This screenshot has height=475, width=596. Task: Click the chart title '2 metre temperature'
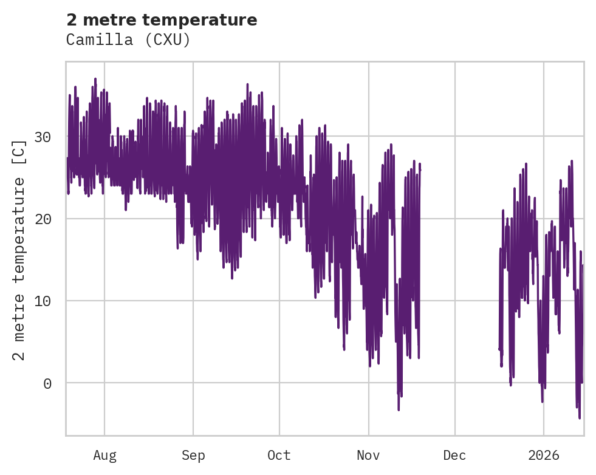(162, 20)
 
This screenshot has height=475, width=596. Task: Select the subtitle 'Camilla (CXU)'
(128, 40)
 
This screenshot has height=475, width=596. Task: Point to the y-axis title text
(20, 250)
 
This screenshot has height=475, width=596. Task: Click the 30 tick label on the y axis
(43, 137)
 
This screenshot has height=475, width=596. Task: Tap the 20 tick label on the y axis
(43, 219)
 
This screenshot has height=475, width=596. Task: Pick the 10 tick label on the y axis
(43, 301)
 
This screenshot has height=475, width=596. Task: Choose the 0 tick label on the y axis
(47, 383)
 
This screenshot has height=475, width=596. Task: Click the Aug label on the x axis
(104, 456)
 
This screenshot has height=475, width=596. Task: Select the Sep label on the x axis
(193, 456)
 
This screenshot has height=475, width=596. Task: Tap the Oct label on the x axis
(279, 456)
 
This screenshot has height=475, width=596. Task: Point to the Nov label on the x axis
(368, 456)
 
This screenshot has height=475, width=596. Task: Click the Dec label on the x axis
(455, 456)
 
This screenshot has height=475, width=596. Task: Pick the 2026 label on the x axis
(543, 456)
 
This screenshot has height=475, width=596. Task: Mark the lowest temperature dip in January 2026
(580, 417)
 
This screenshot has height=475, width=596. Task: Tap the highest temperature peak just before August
(95, 79)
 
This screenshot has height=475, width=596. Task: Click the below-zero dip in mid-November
(399, 409)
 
